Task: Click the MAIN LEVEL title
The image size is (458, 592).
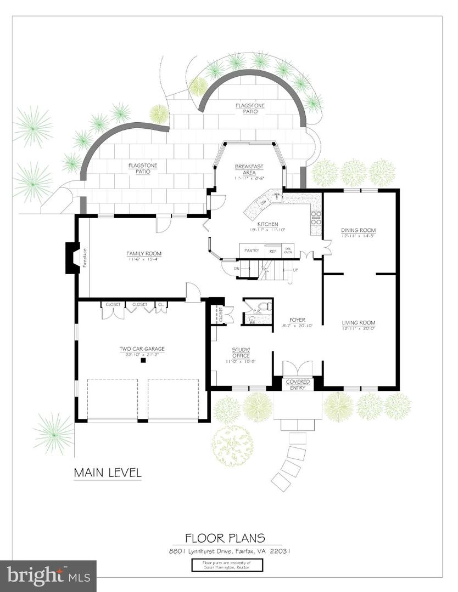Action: [x=108, y=472]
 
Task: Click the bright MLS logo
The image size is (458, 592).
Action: [x=48, y=576]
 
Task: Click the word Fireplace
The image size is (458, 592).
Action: [x=85, y=258]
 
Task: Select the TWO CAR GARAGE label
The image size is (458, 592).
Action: [x=142, y=349]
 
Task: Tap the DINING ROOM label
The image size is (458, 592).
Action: [x=358, y=230]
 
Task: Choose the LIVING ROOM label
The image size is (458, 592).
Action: [x=358, y=323]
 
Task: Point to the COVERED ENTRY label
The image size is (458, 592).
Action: [x=298, y=384]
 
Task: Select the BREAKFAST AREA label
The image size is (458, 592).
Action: [x=249, y=169]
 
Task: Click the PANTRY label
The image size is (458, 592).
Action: [x=252, y=251]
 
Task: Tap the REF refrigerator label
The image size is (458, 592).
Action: [x=273, y=251]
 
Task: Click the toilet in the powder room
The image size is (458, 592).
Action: [x=264, y=306]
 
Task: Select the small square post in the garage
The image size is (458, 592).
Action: [x=143, y=360]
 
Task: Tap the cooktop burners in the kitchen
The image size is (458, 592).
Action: [x=316, y=218]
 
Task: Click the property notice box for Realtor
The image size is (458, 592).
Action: [x=227, y=565]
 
